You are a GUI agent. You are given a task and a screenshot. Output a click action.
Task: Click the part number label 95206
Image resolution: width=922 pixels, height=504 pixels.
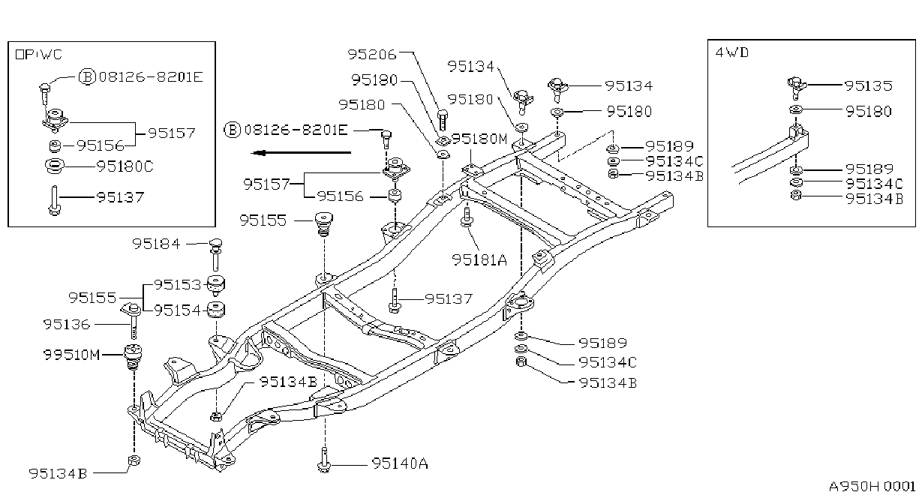[371, 54]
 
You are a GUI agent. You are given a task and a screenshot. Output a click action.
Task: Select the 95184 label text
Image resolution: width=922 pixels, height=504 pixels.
[156, 244]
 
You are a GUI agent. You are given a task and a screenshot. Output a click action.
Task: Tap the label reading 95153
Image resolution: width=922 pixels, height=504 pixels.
[178, 284]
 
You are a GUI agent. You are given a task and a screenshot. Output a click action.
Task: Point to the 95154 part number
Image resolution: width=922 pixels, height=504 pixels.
[178, 310]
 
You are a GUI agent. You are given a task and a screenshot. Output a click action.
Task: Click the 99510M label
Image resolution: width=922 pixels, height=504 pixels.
[71, 354]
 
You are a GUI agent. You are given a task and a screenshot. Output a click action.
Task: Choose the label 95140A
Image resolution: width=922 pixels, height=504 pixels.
[400, 463]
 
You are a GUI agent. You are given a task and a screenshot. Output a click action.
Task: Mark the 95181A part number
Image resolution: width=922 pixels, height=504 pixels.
[479, 259]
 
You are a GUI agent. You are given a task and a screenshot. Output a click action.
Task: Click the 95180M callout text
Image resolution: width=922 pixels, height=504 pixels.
[479, 139]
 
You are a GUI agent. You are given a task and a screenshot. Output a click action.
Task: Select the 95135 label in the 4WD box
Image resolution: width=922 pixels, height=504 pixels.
[869, 85]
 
